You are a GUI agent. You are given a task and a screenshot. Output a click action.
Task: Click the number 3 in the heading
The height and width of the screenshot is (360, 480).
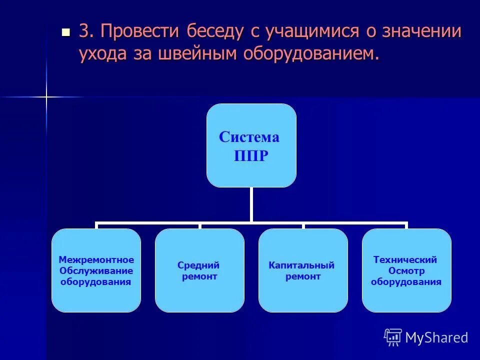click(x=84, y=32)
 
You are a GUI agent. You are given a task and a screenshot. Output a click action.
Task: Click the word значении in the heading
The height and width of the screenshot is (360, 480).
click(x=421, y=32)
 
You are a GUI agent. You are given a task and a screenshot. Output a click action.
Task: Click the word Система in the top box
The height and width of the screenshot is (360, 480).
click(x=249, y=137)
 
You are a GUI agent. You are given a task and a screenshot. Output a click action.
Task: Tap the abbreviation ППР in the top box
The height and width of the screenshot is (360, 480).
click(x=251, y=156)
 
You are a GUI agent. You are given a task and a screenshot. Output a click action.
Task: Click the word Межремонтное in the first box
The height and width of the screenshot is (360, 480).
click(x=96, y=260)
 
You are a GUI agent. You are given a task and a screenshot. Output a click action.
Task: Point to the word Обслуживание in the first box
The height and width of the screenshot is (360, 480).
click(x=96, y=270)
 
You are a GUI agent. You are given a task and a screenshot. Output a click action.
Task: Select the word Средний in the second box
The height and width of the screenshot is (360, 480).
click(x=198, y=265)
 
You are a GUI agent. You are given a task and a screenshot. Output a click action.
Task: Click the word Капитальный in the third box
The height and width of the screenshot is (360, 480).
click(x=301, y=265)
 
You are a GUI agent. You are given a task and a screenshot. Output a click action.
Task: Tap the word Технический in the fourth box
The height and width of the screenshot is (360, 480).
click(x=405, y=260)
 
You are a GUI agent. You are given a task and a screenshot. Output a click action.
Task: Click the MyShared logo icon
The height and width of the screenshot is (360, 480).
click(x=393, y=337)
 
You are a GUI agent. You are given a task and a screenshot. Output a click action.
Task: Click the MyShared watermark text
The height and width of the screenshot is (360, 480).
click(x=436, y=338)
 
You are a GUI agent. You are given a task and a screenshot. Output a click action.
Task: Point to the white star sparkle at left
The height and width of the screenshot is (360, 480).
click(x=46, y=96)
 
